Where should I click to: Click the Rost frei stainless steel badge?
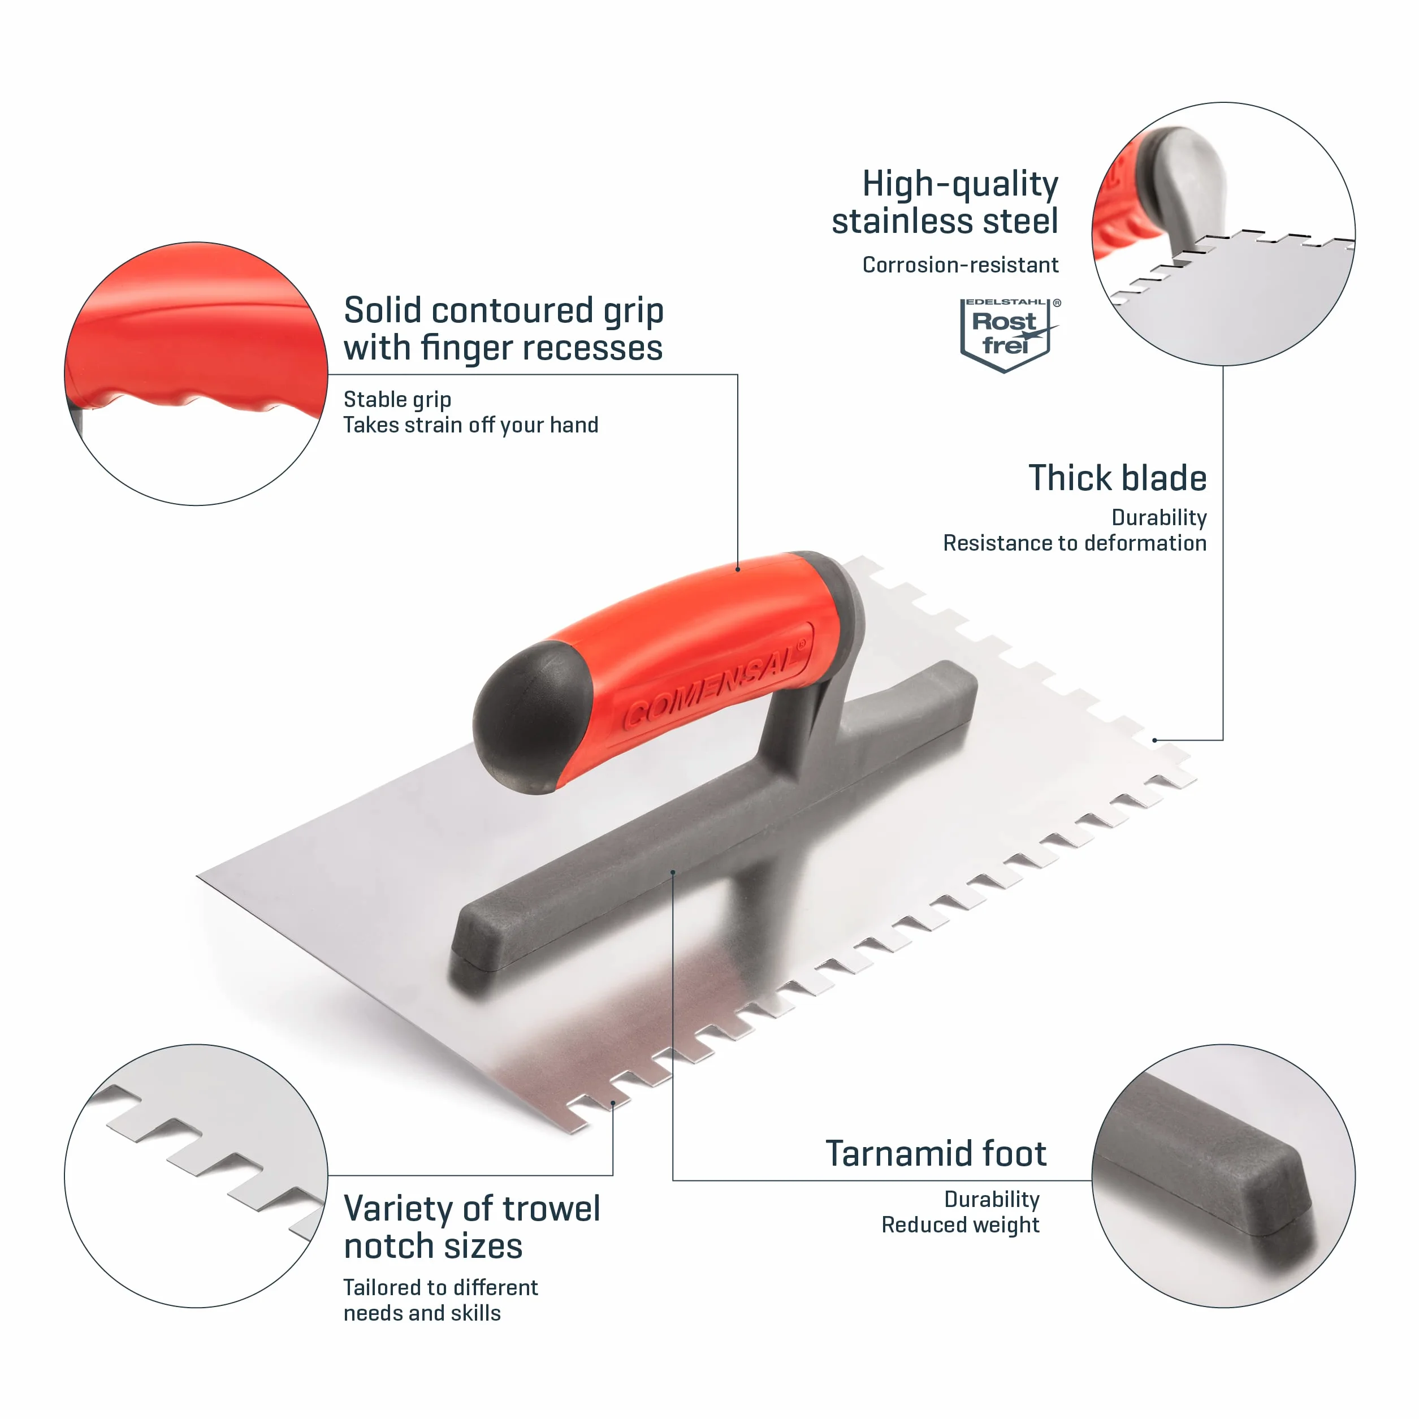click(1010, 335)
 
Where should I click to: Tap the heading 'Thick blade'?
click(1117, 478)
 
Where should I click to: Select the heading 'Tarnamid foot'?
click(936, 1153)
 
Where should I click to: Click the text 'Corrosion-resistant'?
click(960, 265)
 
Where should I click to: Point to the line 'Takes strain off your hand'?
click(471, 425)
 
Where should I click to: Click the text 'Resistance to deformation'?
click(1075, 543)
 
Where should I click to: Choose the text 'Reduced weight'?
click(960, 1225)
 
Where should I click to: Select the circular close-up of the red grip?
click(196, 374)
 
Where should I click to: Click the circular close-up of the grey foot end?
click(1223, 1176)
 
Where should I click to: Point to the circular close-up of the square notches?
click(196, 1176)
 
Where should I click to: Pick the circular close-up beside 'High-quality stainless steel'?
click(1223, 233)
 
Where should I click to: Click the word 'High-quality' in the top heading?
click(960, 184)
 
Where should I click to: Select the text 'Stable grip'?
click(397, 400)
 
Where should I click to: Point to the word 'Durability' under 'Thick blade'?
click(1159, 518)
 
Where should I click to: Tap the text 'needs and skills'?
click(422, 1313)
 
